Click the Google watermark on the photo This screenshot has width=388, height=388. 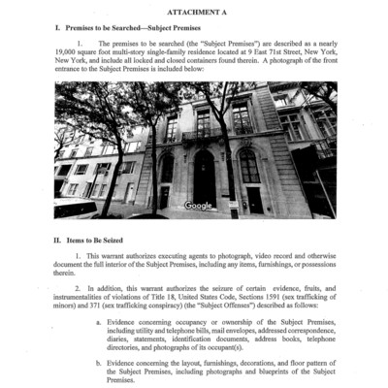198,205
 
